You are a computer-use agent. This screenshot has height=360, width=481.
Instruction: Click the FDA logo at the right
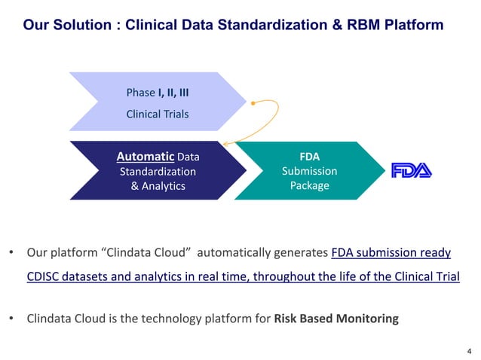point(411,171)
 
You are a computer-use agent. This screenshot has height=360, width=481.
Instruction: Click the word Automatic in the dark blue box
point(145,157)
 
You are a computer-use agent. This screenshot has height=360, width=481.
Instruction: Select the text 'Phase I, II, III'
point(158,93)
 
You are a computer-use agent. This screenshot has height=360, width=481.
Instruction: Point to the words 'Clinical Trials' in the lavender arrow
point(158,114)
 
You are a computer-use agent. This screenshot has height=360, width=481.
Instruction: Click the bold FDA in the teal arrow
point(309,157)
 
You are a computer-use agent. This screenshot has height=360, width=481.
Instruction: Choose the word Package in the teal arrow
point(309,185)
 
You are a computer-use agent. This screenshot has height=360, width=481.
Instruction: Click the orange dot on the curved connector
point(254,102)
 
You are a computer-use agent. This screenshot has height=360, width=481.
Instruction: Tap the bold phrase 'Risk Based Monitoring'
point(336,319)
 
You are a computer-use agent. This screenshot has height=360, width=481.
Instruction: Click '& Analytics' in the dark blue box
point(158,185)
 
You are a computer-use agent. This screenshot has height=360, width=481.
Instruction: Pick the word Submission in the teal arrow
point(309,171)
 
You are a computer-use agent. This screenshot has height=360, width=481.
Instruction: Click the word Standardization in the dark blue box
point(158,171)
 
